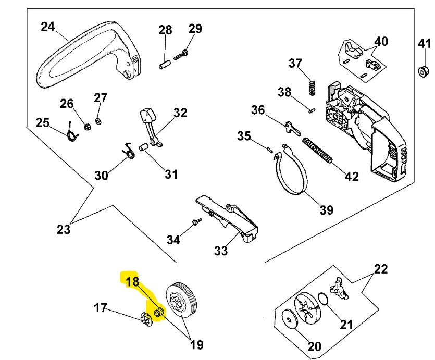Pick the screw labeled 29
[181, 55]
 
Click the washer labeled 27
[100, 121]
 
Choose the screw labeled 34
[196, 222]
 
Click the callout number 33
[221, 251]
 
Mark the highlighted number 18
[132, 282]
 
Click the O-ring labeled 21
[323, 300]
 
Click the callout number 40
[381, 41]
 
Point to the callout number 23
[64, 229]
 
